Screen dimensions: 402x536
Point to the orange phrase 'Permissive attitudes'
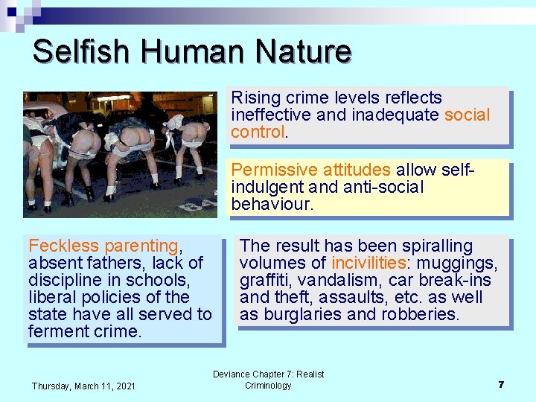click(x=311, y=170)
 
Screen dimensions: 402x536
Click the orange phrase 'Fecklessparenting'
click(x=103, y=246)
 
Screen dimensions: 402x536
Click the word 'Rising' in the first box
click(x=253, y=98)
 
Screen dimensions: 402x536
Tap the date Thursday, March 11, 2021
click(x=83, y=386)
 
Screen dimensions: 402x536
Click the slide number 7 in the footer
click(x=502, y=384)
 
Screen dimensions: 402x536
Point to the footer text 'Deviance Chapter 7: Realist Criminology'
click(x=268, y=380)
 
